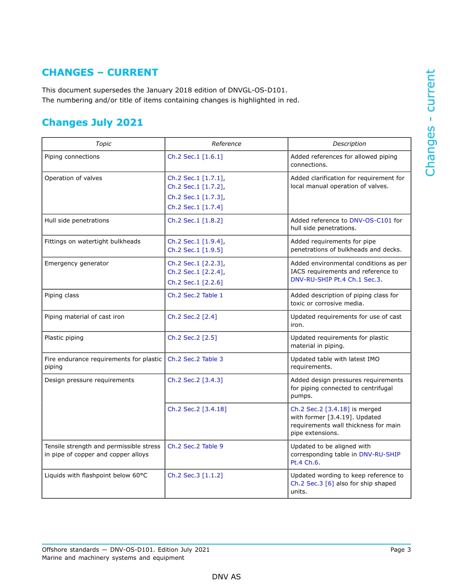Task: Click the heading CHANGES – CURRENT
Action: (x=100, y=72)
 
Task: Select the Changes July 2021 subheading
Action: (x=93, y=122)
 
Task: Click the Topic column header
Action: (x=103, y=144)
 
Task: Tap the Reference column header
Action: (x=226, y=144)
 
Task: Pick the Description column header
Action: (x=349, y=144)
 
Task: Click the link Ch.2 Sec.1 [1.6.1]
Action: (x=195, y=157)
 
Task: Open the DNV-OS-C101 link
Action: (x=371, y=221)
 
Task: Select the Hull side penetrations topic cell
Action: (x=77, y=221)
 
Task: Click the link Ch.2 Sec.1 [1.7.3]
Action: (x=195, y=197)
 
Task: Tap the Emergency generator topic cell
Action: (x=76, y=263)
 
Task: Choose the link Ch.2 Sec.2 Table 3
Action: (x=195, y=359)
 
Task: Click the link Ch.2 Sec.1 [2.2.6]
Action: (x=195, y=283)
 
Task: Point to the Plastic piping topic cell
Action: (x=64, y=338)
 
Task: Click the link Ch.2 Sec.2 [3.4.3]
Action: (x=195, y=380)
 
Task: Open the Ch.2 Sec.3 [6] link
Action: (x=312, y=484)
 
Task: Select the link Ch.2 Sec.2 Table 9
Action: (x=195, y=446)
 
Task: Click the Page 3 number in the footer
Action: (x=400, y=550)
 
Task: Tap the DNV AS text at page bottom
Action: (x=226, y=577)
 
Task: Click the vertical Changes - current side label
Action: (x=430, y=123)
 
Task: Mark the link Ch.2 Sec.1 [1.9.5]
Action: (x=195, y=250)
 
